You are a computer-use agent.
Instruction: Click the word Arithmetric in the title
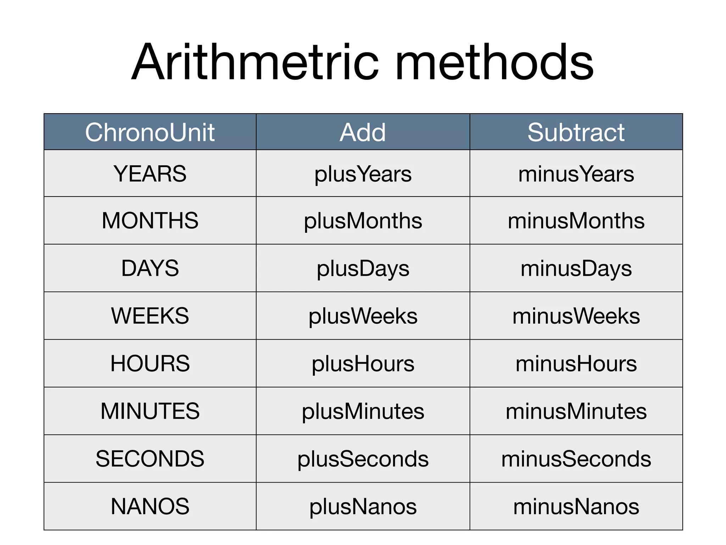pyautogui.click(x=255, y=63)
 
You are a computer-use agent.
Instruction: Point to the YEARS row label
pyautogui.click(x=150, y=174)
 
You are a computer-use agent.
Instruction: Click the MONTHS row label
pyautogui.click(x=150, y=221)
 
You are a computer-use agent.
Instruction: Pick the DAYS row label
pyautogui.click(x=150, y=268)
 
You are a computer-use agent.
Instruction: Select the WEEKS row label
pyautogui.click(x=150, y=316)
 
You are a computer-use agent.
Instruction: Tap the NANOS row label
pyautogui.click(x=150, y=506)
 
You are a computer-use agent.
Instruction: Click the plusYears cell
pyautogui.click(x=363, y=174)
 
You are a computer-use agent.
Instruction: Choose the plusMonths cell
pyautogui.click(x=363, y=221)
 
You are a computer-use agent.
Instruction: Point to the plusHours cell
pyautogui.click(x=363, y=364)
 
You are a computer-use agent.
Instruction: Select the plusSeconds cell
pyautogui.click(x=363, y=459)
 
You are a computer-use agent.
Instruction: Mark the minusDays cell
pyautogui.click(x=576, y=269)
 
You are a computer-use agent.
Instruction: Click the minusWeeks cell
pyautogui.click(x=576, y=316)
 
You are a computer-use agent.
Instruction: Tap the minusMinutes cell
pyautogui.click(x=576, y=412)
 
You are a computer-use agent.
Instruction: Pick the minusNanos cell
pyautogui.click(x=576, y=507)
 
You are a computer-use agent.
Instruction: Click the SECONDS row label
pyautogui.click(x=150, y=459)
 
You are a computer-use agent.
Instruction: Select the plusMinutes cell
pyautogui.click(x=363, y=412)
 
